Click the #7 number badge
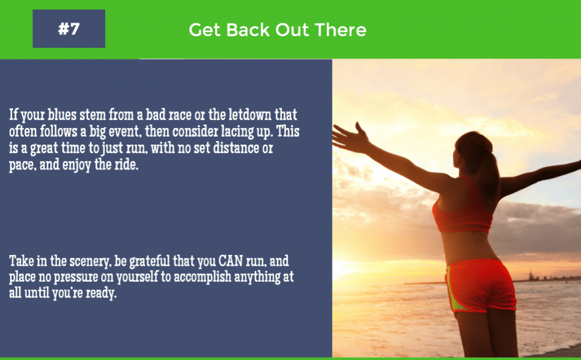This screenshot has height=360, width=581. pos(69,29)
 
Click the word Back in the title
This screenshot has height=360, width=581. pos(249,30)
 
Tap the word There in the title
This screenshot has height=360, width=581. pos(342,30)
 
